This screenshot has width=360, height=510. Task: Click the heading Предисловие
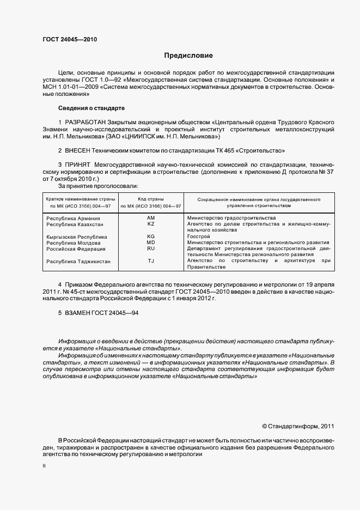click(x=188, y=56)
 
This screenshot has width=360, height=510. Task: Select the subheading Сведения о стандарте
click(x=91, y=108)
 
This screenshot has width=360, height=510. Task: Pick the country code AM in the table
click(x=151, y=218)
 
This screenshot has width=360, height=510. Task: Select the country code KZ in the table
click(x=151, y=224)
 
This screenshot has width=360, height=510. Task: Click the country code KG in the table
click(x=151, y=236)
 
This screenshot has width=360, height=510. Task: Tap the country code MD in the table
click(x=151, y=242)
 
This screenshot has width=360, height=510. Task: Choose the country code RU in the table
click(x=151, y=248)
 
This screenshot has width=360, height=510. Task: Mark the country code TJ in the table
click(x=151, y=261)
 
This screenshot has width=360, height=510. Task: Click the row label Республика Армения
click(x=73, y=218)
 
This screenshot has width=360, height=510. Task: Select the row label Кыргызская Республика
click(x=76, y=237)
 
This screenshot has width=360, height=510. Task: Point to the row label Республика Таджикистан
click(x=78, y=262)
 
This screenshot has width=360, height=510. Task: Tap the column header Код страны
click(x=150, y=200)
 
